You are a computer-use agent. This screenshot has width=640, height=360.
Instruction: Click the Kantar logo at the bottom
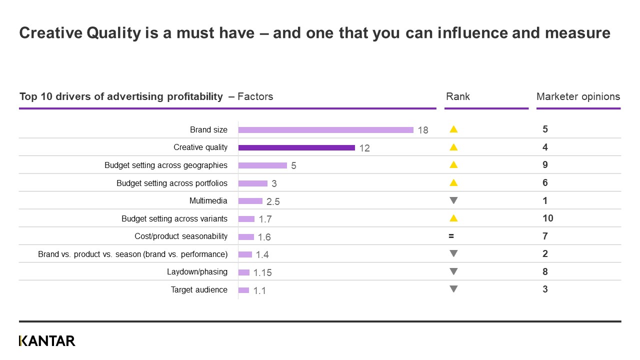click(x=47, y=341)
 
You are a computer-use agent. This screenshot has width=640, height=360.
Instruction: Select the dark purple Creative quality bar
click(x=296, y=147)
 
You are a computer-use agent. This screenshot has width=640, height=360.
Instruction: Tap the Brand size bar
click(x=325, y=130)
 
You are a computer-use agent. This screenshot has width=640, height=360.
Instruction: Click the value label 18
click(x=423, y=130)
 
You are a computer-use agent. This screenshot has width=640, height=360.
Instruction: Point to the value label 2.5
click(x=273, y=201)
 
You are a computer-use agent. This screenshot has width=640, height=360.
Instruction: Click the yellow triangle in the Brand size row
click(x=453, y=129)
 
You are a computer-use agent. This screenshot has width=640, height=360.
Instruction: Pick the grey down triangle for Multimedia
click(x=453, y=200)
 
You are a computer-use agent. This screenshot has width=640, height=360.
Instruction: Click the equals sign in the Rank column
click(x=451, y=236)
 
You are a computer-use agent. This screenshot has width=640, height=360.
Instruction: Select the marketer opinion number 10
click(x=547, y=218)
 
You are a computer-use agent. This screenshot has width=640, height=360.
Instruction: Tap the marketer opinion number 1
click(x=545, y=200)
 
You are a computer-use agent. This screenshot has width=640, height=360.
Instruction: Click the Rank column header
click(x=457, y=96)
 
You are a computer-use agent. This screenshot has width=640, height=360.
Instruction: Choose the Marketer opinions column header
click(x=578, y=96)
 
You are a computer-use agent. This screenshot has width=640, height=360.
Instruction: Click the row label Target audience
click(x=199, y=290)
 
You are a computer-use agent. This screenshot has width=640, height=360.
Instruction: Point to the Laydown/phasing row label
click(x=197, y=272)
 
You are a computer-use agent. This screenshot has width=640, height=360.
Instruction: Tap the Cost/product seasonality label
click(x=181, y=236)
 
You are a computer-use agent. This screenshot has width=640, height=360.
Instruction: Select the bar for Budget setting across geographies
click(x=262, y=165)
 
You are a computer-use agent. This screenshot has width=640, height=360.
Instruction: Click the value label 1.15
click(x=262, y=272)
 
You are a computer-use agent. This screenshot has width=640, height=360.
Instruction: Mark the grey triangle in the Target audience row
click(x=453, y=289)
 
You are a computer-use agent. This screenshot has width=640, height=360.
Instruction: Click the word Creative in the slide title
click(x=50, y=33)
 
